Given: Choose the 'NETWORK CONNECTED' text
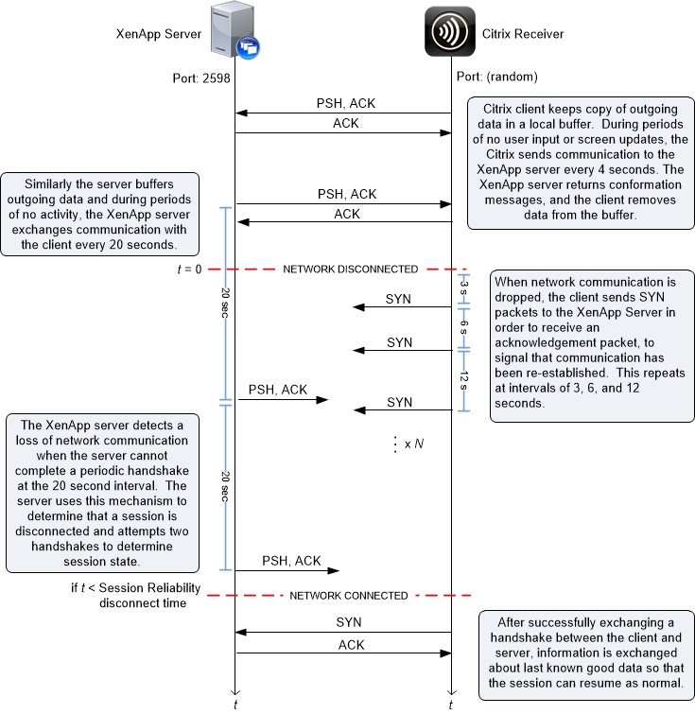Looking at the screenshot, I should [348, 596].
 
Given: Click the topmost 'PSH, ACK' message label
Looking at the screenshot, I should [346, 103].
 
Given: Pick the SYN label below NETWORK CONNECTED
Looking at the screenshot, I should [348, 622].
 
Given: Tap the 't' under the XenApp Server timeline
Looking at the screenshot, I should [235, 705].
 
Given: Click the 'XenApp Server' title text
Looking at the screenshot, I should [159, 34].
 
